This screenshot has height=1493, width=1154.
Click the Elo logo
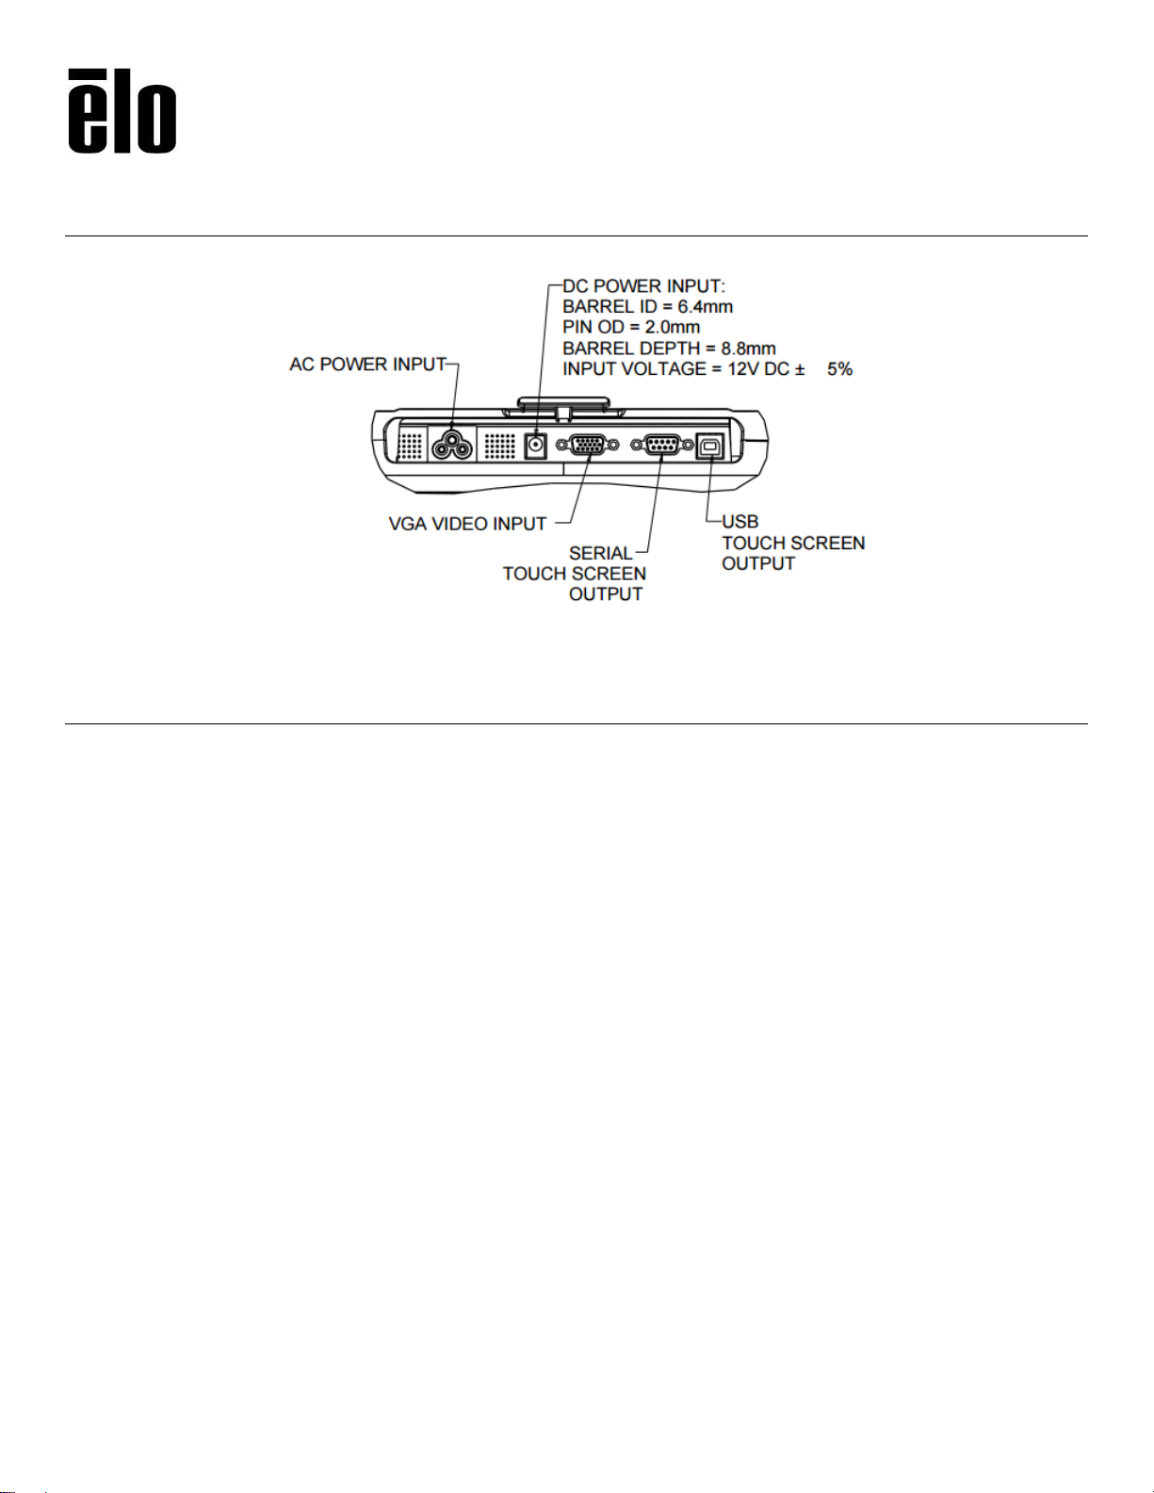coord(122,110)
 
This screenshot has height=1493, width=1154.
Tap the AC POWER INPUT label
coord(368,365)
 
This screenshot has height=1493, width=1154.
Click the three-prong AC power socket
coord(452,446)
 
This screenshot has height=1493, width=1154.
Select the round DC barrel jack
coord(535,446)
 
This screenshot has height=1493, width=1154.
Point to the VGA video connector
coord(587,446)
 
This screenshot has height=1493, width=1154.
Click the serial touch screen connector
coord(661,446)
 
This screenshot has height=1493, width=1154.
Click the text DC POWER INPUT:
coord(643,285)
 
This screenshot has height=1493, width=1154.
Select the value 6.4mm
coord(705,306)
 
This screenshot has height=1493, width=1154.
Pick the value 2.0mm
coord(672,327)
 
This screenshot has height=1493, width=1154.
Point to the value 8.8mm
coord(748,349)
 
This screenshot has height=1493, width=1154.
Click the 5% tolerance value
coord(839,369)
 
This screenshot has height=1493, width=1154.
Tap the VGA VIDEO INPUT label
coord(467,525)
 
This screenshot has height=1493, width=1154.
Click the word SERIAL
coord(600,553)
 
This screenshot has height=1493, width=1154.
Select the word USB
coord(740,522)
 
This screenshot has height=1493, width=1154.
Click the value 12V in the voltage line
coord(743,369)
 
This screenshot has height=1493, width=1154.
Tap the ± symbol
coord(800,369)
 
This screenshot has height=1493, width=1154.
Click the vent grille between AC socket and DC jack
coord(499,446)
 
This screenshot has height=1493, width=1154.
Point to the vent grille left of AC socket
coord(411,446)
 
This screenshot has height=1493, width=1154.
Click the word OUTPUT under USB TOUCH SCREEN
coord(758,564)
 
